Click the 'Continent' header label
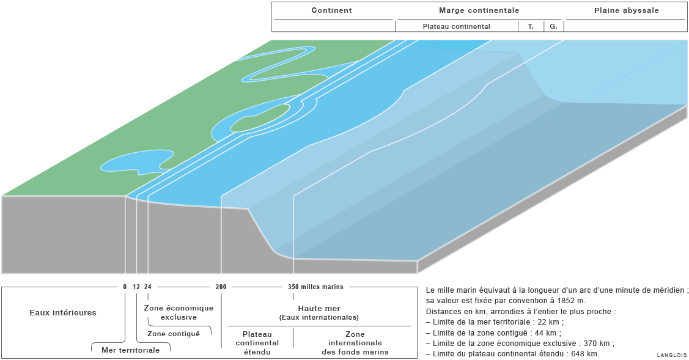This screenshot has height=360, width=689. pos(331,10)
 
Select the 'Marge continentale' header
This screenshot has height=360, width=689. pos(479,10)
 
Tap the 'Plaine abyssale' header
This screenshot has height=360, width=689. pos(627,10)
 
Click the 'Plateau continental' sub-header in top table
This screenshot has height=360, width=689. pos(456,26)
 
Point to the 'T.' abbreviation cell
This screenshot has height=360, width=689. pos(531,26)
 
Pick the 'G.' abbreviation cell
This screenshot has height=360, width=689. pos(553,26)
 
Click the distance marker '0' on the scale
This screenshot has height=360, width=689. pos(125,287)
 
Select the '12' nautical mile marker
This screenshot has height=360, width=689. pos(136,287)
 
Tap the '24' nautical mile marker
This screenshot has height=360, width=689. pos(148,287)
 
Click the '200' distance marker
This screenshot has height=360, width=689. pos(221,287)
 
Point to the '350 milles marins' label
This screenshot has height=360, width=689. pos(315,287)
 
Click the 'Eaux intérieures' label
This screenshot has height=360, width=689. pos(63,313)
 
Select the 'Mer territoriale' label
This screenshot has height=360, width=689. pos(130,350)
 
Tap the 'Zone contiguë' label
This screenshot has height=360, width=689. pos(174,334)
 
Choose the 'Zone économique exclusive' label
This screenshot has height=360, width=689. pos(179,312)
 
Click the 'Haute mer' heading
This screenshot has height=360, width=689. pos(319,309)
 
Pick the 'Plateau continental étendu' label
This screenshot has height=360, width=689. pos(257,343)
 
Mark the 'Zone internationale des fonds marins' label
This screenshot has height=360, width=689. pos(355,343)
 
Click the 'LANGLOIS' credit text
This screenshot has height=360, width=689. pos(672,355)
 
